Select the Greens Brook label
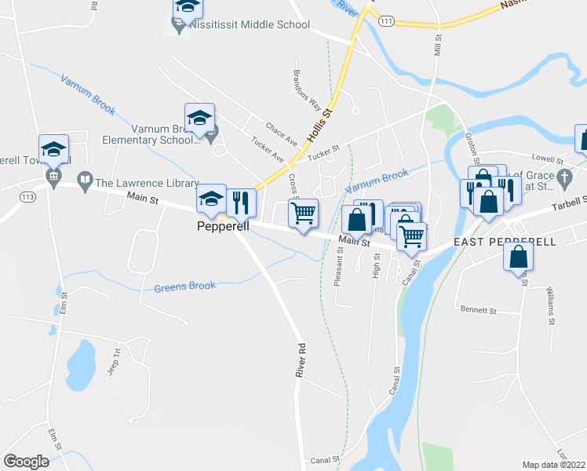(x=184, y=286)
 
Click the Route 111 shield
(x=385, y=24)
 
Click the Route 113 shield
(x=29, y=195)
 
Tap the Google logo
(x=26, y=461)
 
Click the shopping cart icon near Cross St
(x=303, y=212)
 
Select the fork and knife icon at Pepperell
(x=242, y=203)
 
